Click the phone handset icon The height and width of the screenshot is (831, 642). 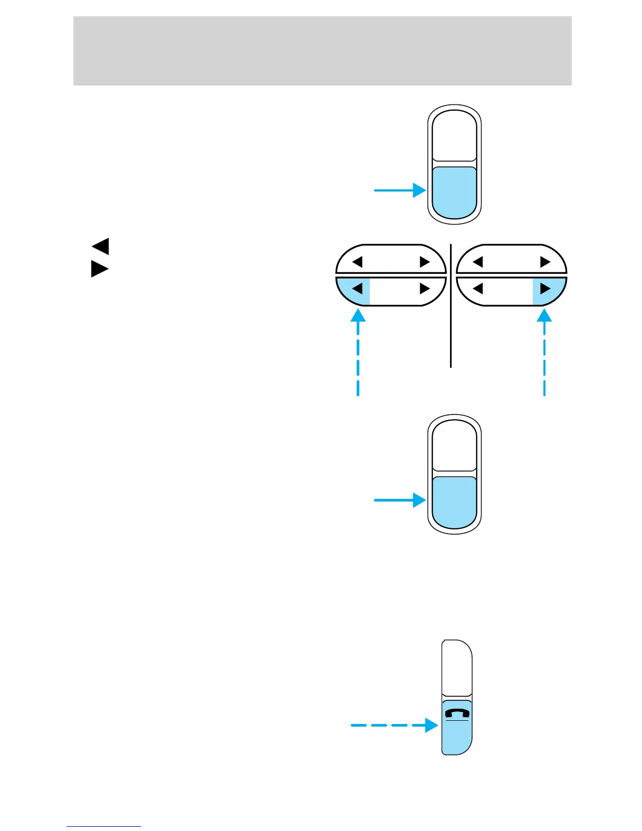pos(457,713)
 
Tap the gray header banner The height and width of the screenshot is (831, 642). pos(322,51)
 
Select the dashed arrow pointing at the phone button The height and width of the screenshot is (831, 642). pos(393,726)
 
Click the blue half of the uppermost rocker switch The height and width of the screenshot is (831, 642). pos(455,192)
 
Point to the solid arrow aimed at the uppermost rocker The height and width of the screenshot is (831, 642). pos(399,190)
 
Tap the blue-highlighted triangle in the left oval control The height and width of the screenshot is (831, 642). pos(358,289)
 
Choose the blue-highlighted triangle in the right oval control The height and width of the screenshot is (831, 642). pos(545,289)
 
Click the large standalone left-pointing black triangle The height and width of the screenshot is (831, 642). pos(100,246)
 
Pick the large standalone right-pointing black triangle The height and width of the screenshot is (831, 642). pos(100,269)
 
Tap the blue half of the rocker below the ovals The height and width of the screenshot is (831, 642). pos(455,502)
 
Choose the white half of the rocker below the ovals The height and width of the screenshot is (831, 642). pos(455,446)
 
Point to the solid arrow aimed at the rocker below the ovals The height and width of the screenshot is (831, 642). pos(399,500)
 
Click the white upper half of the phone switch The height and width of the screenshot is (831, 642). pos(457,669)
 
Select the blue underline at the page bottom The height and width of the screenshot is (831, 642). pos(104,826)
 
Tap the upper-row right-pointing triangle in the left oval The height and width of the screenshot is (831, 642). pos(425,261)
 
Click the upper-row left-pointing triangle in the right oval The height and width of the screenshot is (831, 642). pos(478,261)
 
